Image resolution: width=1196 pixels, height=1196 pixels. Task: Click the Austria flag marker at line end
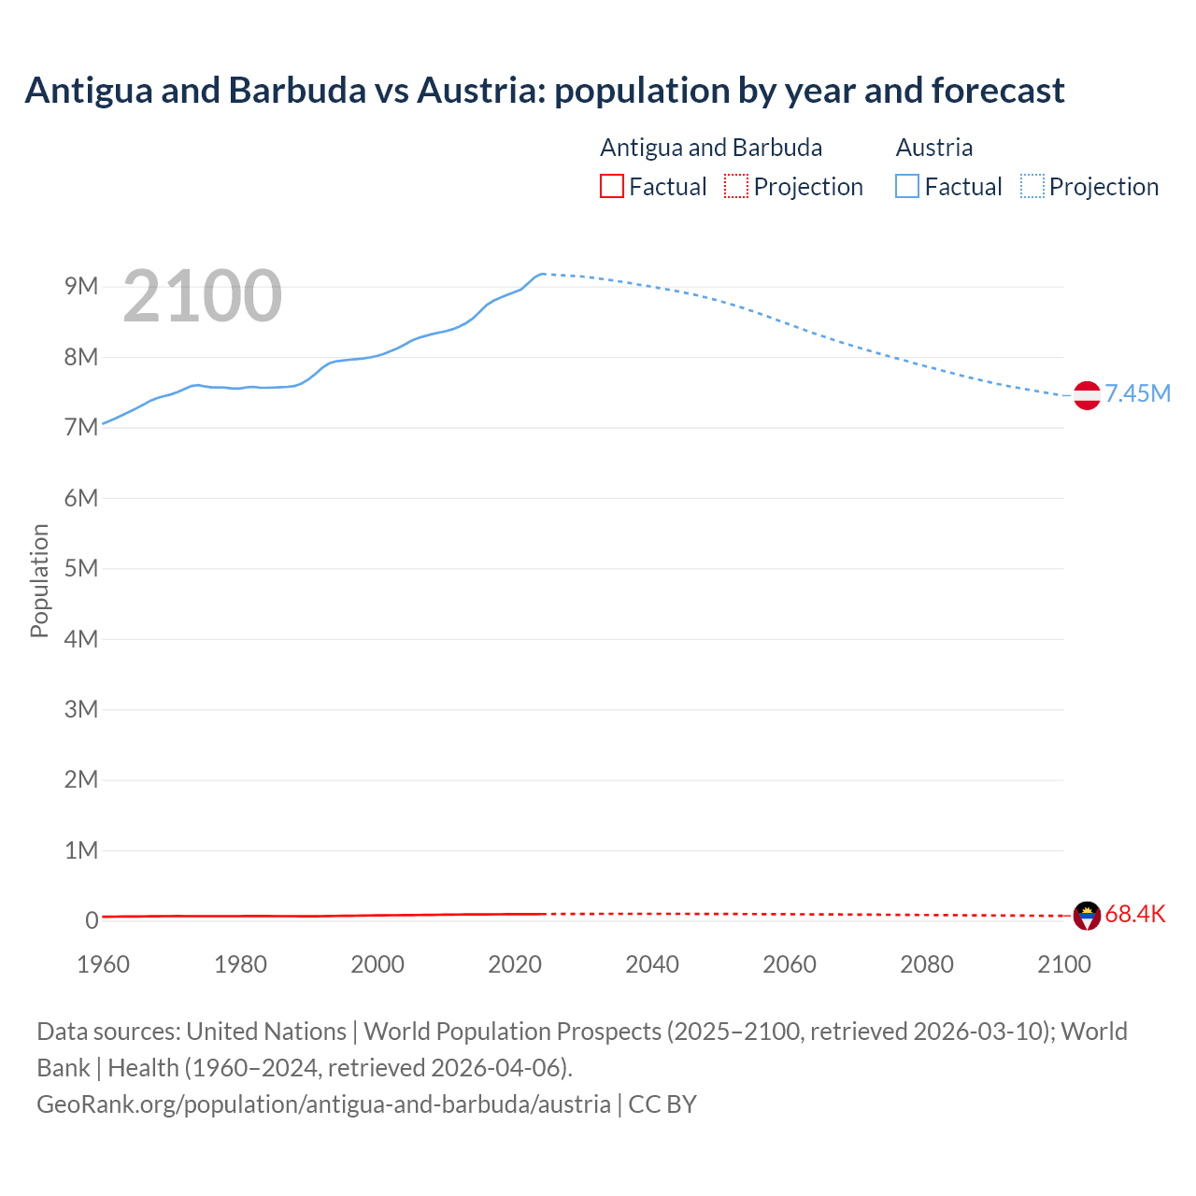(1087, 395)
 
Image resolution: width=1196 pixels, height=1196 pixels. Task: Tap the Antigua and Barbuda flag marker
(1087, 916)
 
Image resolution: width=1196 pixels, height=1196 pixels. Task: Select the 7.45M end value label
(1137, 393)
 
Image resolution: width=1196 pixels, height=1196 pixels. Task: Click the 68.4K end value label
(1134, 914)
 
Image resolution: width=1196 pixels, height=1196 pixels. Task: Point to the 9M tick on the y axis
(81, 286)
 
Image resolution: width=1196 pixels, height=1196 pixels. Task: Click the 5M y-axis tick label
(81, 568)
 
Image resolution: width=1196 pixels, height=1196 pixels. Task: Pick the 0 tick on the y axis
(92, 920)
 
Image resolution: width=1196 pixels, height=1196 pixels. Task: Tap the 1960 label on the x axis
(103, 964)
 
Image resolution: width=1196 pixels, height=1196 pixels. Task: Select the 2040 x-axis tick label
(652, 964)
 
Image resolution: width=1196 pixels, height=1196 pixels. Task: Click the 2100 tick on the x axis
(1063, 964)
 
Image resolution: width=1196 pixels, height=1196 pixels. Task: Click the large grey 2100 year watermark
(202, 296)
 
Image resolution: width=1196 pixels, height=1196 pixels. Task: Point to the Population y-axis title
(39, 580)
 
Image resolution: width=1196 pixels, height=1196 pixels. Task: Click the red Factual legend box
(611, 186)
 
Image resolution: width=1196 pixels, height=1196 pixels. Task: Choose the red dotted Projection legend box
(736, 186)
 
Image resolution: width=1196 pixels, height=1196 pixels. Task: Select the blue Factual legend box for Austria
(906, 186)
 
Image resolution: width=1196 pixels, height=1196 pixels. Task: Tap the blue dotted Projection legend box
(1032, 186)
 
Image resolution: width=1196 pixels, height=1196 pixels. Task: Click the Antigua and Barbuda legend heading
(710, 148)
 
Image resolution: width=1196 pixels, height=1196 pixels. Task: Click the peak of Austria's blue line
(542, 274)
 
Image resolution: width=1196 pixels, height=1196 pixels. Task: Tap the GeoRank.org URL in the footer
(323, 1103)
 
